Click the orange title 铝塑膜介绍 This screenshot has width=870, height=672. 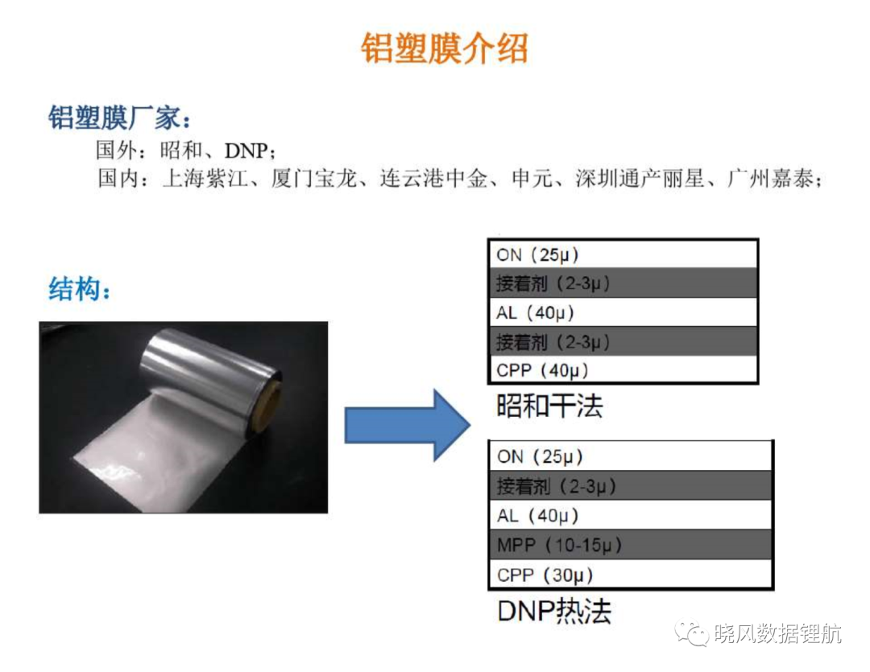(x=444, y=48)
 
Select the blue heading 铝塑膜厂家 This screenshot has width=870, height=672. (x=115, y=117)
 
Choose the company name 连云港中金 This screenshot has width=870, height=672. (x=434, y=179)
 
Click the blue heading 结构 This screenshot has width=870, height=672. (x=74, y=289)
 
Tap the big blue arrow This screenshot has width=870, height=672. (x=408, y=425)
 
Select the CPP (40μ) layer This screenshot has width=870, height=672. (x=623, y=370)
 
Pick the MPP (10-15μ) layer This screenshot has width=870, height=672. (x=630, y=545)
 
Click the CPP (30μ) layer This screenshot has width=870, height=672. (x=630, y=575)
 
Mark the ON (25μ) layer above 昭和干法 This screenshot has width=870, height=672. (x=623, y=254)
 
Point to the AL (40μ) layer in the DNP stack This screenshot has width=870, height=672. (x=630, y=515)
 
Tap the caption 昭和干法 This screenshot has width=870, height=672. (x=549, y=406)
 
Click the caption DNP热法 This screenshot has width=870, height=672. (x=553, y=611)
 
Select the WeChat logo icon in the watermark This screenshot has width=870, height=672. (x=691, y=633)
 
